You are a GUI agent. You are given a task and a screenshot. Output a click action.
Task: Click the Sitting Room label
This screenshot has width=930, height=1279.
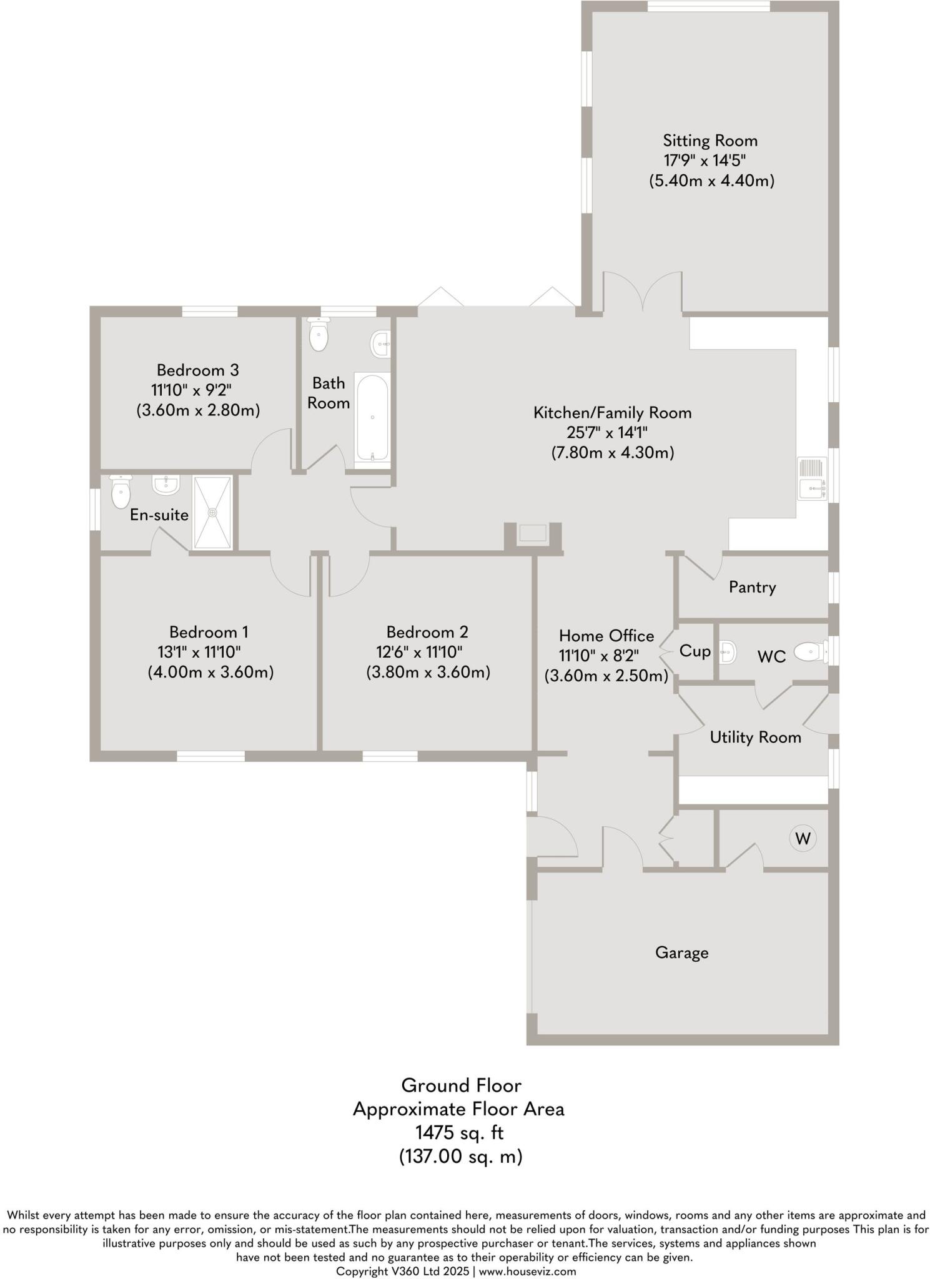710,141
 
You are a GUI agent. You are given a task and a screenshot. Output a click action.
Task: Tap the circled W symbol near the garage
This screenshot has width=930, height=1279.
803,838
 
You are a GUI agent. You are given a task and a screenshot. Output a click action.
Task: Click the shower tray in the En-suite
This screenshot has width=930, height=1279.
212,512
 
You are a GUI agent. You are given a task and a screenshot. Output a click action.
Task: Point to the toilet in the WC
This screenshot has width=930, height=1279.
809,653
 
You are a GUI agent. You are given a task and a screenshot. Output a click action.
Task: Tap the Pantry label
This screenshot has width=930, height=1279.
752,587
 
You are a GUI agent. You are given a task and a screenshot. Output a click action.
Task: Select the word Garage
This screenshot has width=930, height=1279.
681,952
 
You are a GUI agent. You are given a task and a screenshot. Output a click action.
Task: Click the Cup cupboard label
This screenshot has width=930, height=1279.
695,651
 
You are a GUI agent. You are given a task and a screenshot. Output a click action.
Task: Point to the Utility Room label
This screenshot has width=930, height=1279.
755,737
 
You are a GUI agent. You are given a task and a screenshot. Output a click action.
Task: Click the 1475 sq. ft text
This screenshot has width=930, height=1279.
460,1132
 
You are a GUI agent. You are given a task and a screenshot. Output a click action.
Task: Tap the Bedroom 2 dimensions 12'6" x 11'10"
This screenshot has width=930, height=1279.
419,652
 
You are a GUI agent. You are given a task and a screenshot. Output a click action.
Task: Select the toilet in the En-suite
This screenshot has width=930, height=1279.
120,492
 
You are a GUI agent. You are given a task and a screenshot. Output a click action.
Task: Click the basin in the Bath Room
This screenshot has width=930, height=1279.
380,344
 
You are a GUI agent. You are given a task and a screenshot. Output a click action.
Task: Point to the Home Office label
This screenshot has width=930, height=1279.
606,636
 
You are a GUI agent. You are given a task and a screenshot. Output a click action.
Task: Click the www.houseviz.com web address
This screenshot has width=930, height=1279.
528,1271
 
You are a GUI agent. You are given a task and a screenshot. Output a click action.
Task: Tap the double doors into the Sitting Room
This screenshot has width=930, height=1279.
642,291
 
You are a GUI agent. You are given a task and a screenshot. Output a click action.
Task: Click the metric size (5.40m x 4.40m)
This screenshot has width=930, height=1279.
711,181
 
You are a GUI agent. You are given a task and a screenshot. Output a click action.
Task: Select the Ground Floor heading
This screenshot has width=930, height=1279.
461,1085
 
